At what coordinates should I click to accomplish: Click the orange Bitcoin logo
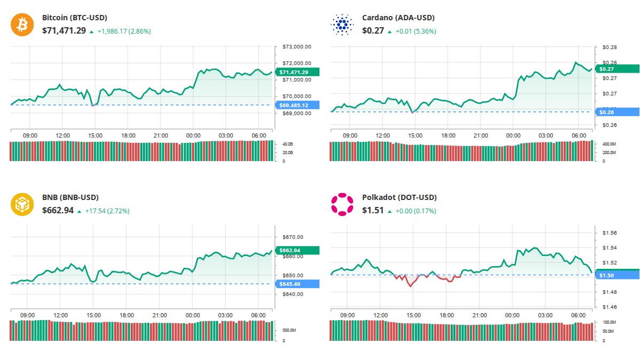pyautogui.click(x=22, y=24)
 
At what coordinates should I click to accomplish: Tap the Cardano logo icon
pyautogui.click(x=342, y=24)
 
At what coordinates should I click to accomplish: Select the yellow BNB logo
pyautogui.click(x=22, y=204)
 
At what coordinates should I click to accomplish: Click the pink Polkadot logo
pyautogui.click(x=342, y=204)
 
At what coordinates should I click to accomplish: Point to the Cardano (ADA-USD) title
pyautogui.click(x=398, y=18)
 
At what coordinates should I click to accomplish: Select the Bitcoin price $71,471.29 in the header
pyautogui.click(x=64, y=31)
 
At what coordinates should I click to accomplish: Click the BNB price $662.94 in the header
pyautogui.click(x=58, y=211)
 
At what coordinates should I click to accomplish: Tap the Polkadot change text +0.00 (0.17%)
pyautogui.click(x=415, y=211)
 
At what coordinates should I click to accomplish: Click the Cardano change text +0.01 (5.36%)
pyautogui.click(x=415, y=31)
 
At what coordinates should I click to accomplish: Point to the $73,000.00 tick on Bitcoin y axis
pyautogui.click(x=297, y=47)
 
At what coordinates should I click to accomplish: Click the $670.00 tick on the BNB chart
pyautogui.click(x=292, y=237)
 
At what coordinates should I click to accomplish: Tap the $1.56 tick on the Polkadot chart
pyautogui.click(x=609, y=233)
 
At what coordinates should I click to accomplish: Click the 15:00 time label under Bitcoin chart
pyautogui.click(x=95, y=136)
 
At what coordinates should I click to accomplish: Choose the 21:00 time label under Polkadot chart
pyautogui.click(x=480, y=316)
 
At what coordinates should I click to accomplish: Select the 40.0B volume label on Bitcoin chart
pyautogui.click(x=287, y=145)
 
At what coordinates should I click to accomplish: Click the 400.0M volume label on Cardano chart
pyautogui.click(x=609, y=145)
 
